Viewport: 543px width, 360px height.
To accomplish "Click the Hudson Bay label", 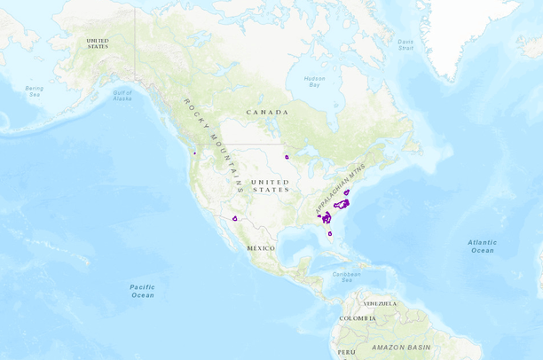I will tap(313, 82).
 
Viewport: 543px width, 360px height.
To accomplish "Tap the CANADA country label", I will tap(268, 113).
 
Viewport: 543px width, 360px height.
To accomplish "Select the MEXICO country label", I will tap(260, 248).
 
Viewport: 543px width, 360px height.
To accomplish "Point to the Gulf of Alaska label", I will tap(122, 96).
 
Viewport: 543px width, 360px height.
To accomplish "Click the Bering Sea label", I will tap(34, 91).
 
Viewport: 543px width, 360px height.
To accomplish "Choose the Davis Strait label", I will tap(405, 43).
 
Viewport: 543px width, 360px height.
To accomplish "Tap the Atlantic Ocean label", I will tap(483, 246).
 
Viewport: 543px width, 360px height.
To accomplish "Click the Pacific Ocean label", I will tap(142, 291).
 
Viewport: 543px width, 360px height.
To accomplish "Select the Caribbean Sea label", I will tap(347, 276).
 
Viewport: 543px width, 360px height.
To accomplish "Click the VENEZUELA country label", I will tap(380, 303).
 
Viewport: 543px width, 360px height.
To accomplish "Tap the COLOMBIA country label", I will tap(357, 318).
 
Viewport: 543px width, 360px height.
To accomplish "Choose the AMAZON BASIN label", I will tap(400, 346).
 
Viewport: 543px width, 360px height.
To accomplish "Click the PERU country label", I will tap(346, 353).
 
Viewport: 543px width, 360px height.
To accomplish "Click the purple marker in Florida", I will tap(330, 234).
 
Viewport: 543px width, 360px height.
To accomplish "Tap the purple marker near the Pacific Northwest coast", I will tap(193, 153).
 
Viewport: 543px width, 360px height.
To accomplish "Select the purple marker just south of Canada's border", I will tap(287, 157).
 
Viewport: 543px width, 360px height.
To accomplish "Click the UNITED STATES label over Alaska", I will tap(98, 43).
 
